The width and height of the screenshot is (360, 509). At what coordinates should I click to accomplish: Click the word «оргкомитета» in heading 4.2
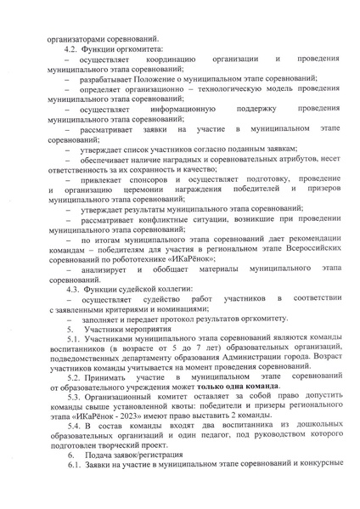coord(136,49)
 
